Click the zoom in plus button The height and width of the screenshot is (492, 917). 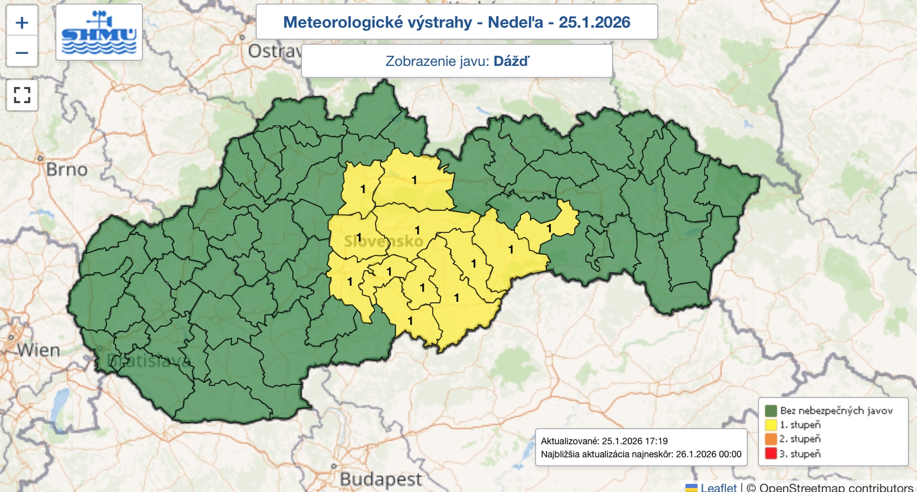[x=22, y=22]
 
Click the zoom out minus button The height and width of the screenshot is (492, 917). [x=22, y=53]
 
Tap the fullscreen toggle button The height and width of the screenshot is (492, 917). [x=22, y=95]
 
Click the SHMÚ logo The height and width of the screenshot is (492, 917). [x=99, y=32]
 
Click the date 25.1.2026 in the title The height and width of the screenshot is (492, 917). [x=594, y=22]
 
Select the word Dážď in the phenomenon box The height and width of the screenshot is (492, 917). [x=511, y=61]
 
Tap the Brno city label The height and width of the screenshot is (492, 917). [x=66, y=170]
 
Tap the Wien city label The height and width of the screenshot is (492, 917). [x=38, y=350]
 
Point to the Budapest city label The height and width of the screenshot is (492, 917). [x=381, y=479]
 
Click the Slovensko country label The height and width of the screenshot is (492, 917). [x=383, y=241]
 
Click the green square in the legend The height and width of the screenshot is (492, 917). [x=771, y=411]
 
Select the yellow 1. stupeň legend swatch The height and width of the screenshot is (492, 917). [x=771, y=425]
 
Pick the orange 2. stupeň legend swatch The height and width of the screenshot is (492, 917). [x=771, y=439]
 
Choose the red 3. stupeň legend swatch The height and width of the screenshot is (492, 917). [x=771, y=454]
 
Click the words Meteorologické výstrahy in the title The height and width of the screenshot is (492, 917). [x=377, y=22]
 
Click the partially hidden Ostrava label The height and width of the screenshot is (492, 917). [x=274, y=52]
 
